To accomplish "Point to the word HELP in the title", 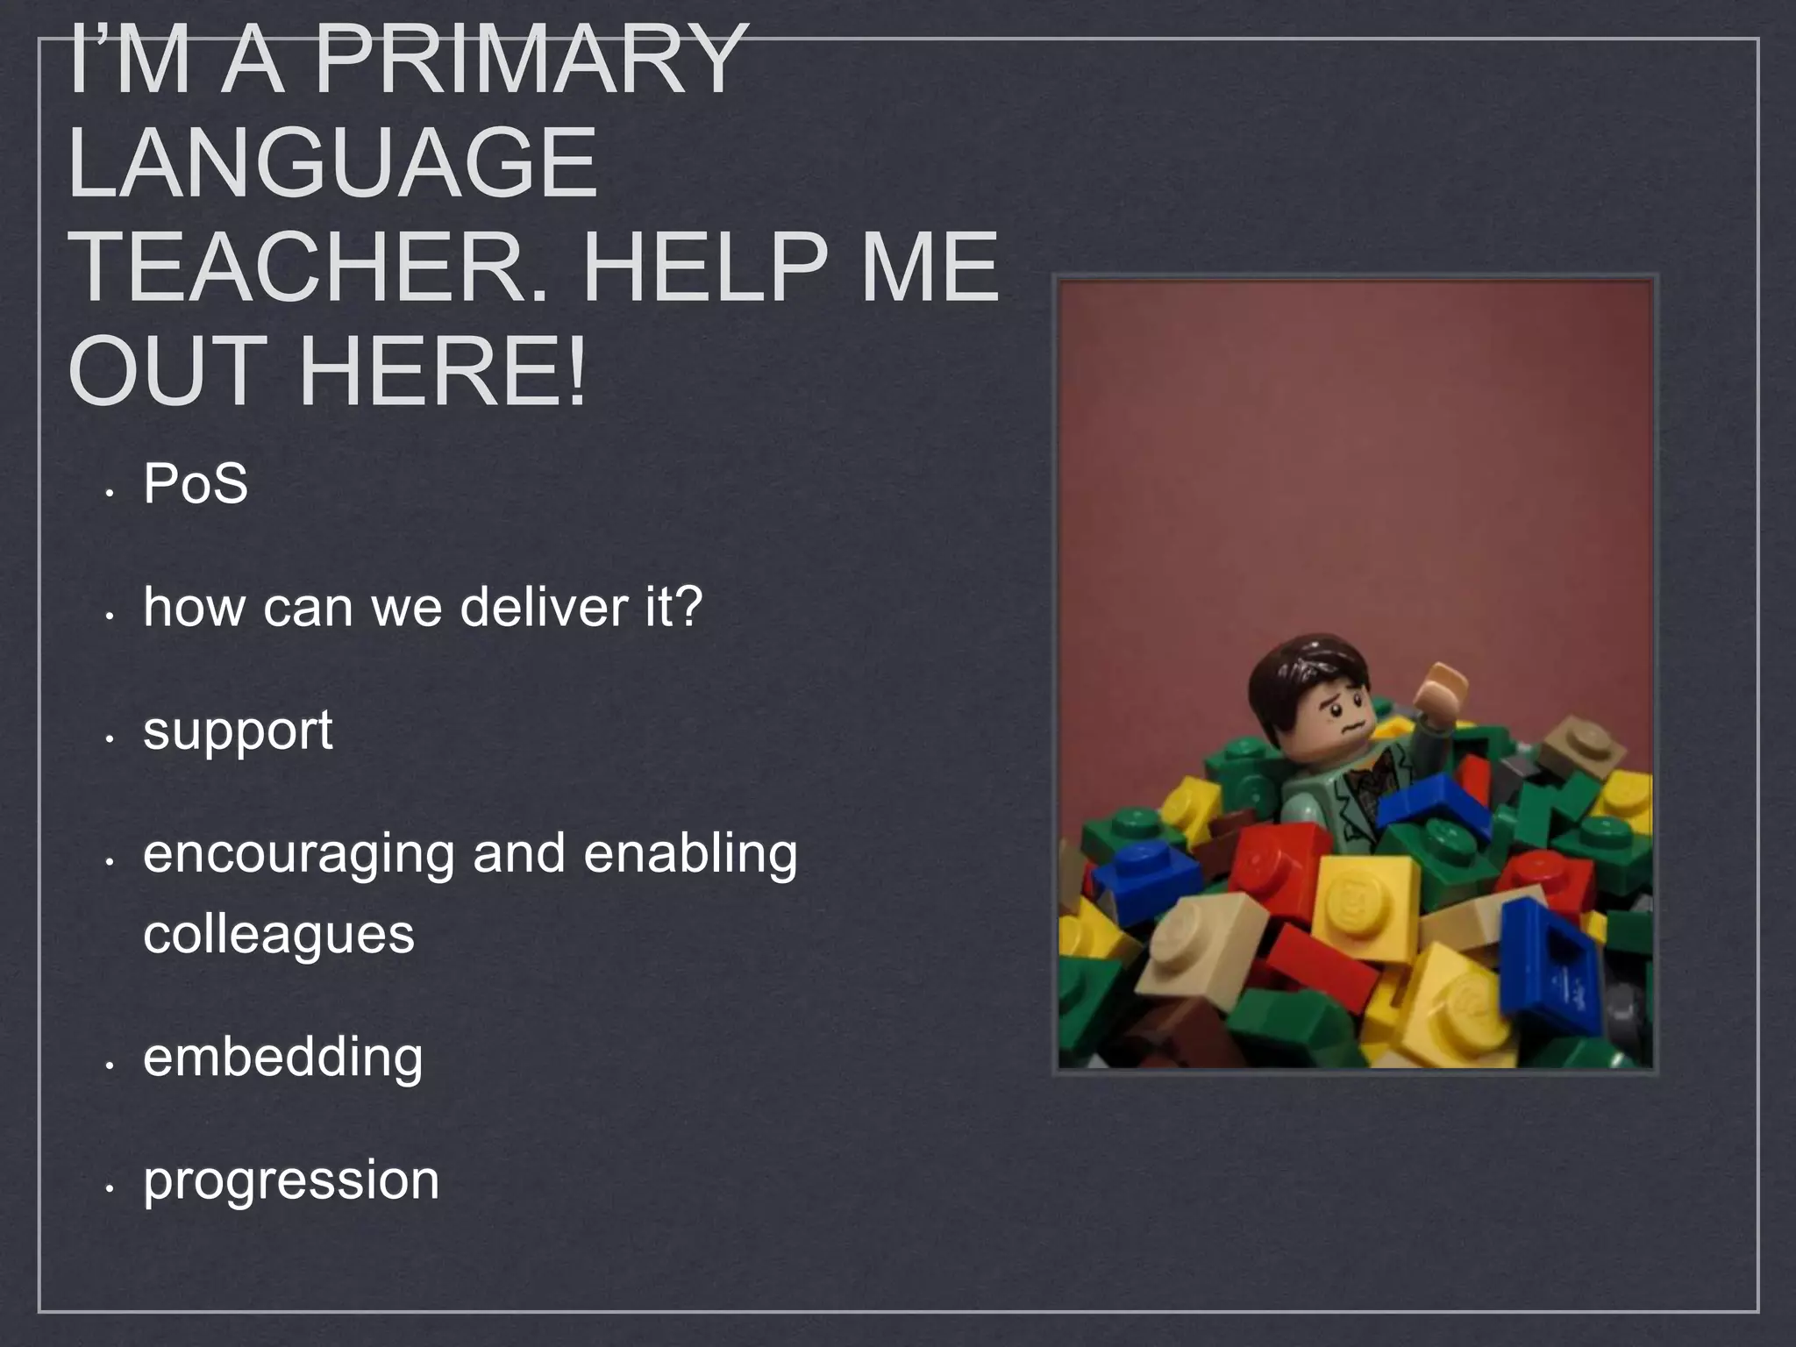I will click(x=707, y=267).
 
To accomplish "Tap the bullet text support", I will click(x=238, y=731).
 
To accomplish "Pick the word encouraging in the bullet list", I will click(x=298, y=854).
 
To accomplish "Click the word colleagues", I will click(x=278, y=934).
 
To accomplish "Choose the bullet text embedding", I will click(x=282, y=1057).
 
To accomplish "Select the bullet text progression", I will click(x=290, y=1180).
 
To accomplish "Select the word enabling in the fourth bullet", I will click(x=690, y=854).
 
